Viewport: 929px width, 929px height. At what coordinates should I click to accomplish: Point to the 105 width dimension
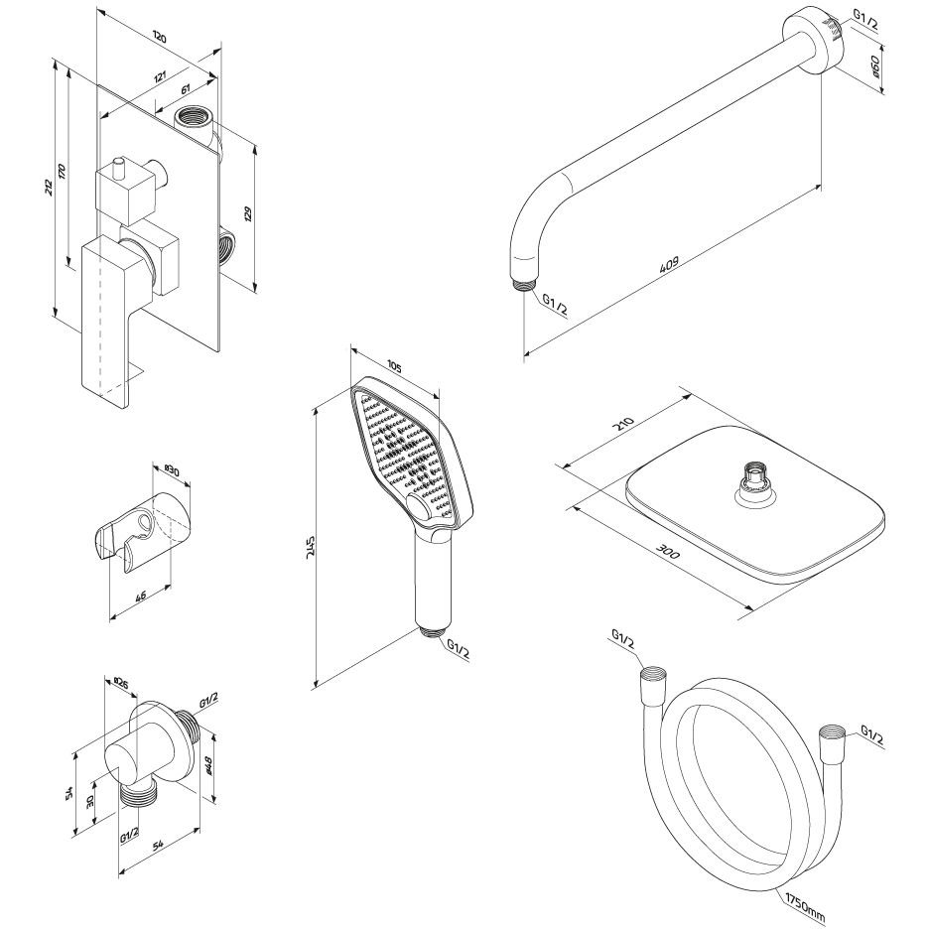click(394, 367)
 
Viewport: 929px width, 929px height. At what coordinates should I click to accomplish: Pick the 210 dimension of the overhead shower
click(624, 427)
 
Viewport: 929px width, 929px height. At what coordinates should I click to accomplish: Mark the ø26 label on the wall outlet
click(120, 683)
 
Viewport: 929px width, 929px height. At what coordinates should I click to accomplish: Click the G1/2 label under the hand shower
click(458, 650)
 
